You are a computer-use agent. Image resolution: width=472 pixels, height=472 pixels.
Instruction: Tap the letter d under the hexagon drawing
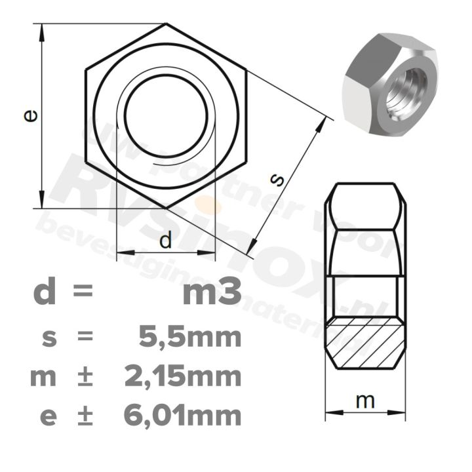pos(165,241)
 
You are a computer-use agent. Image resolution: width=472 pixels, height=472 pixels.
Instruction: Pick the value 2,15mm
pos(182,377)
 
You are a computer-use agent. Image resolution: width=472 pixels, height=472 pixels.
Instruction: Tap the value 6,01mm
pos(182,415)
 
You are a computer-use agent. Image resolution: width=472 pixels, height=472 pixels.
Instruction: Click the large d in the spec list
pos(45,292)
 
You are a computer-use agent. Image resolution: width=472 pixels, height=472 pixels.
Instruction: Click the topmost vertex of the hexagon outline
pos(166,24)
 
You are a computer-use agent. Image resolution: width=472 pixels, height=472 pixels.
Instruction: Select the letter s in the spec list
pos(47,338)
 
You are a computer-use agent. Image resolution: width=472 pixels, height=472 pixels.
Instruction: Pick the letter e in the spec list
pos(47,416)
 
